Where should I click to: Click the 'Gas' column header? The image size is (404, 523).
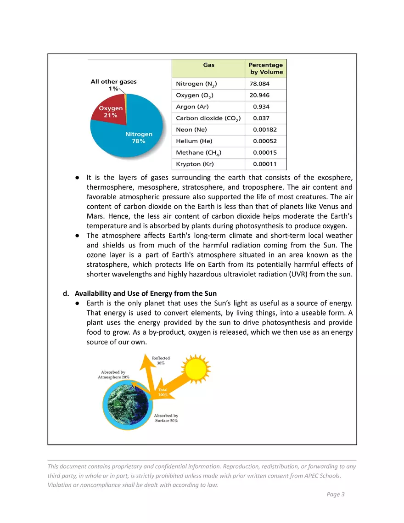point(208,65)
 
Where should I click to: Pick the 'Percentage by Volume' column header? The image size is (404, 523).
point(266,68)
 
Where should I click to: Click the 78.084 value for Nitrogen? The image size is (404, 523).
point(259,84)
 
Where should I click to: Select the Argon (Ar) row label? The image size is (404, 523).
point(192,107)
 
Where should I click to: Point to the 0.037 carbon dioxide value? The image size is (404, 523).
point(261,118)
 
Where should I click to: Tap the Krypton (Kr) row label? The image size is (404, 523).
point(195,164)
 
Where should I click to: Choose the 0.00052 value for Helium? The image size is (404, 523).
point(265,141)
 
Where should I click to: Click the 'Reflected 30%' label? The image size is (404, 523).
point(161,360)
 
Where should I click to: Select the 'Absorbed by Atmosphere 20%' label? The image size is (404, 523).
point(113,374)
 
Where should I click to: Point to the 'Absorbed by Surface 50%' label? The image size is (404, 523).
point(166,418)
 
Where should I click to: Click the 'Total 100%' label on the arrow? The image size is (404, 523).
point(163,392)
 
